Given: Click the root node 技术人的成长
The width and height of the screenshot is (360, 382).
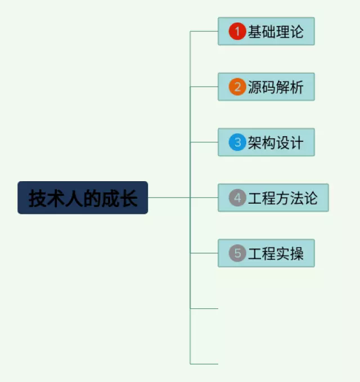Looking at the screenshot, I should pyautogui.click(x=83, y=198).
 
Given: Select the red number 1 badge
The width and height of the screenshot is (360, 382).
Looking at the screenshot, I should pyautogui.click(x=237, y=32).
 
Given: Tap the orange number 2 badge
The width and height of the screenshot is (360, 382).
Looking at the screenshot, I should pyautogui.click(x=237, y=87).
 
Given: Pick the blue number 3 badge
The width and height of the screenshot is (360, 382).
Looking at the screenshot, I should pyautogui.click(x=237, y=142).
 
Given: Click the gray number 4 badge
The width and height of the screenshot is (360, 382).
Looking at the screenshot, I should pyautogui.click(x=237, y=198).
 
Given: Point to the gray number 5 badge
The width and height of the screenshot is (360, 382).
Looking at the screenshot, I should pyautogui.click(x=237, y=254).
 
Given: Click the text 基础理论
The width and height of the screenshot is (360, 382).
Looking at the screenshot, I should pyautogui.click(x=276, y=32).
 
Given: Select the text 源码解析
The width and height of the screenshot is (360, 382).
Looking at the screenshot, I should pyautogui.click(x=276, y=87).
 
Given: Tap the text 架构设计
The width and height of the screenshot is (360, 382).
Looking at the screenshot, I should pyautogui.click(x=276, y=142).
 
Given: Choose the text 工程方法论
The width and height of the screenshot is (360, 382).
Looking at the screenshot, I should pyautogui.click(x=283, y=198).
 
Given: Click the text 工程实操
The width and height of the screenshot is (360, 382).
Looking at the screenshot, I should pyautogui.click(x=276, y=254).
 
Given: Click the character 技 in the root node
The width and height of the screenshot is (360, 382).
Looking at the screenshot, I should pyautogui.click(x=38, y=199).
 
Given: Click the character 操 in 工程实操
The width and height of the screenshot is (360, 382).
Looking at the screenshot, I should pyautogui.click(x=297, y=254).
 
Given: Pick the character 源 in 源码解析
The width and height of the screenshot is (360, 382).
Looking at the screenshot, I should pyautogui.click(x=255, y=87).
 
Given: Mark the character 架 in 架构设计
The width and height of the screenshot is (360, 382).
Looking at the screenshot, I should pyautogui.click(x=255, y=142).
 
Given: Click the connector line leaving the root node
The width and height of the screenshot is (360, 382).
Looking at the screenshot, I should pyautogui.click(x=169, y=198).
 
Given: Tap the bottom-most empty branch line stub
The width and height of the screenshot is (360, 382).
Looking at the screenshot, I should pyautogui.click(x=204, y=364).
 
